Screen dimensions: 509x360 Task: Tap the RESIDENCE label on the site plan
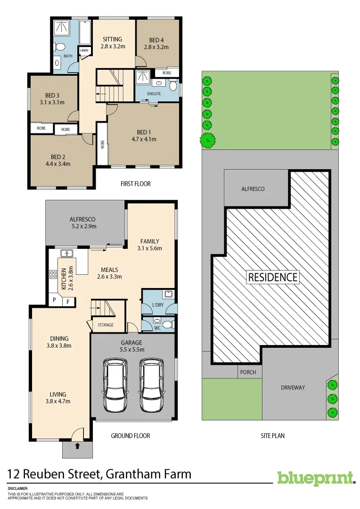pos(273,277)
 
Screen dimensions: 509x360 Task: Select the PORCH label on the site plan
pos(248,372)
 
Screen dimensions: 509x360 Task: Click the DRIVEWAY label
pos(293,387)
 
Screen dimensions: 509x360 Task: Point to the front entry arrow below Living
pos(77,445)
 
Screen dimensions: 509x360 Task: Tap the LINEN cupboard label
pos(84,50)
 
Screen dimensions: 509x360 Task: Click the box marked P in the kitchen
pos(55,300)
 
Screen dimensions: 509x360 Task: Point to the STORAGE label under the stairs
pos(106,325)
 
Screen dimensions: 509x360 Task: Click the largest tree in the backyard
pos(208,140)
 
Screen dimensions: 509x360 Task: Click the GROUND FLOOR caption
pos(131,436)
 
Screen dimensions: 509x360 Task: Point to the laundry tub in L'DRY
pos(169,295)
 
